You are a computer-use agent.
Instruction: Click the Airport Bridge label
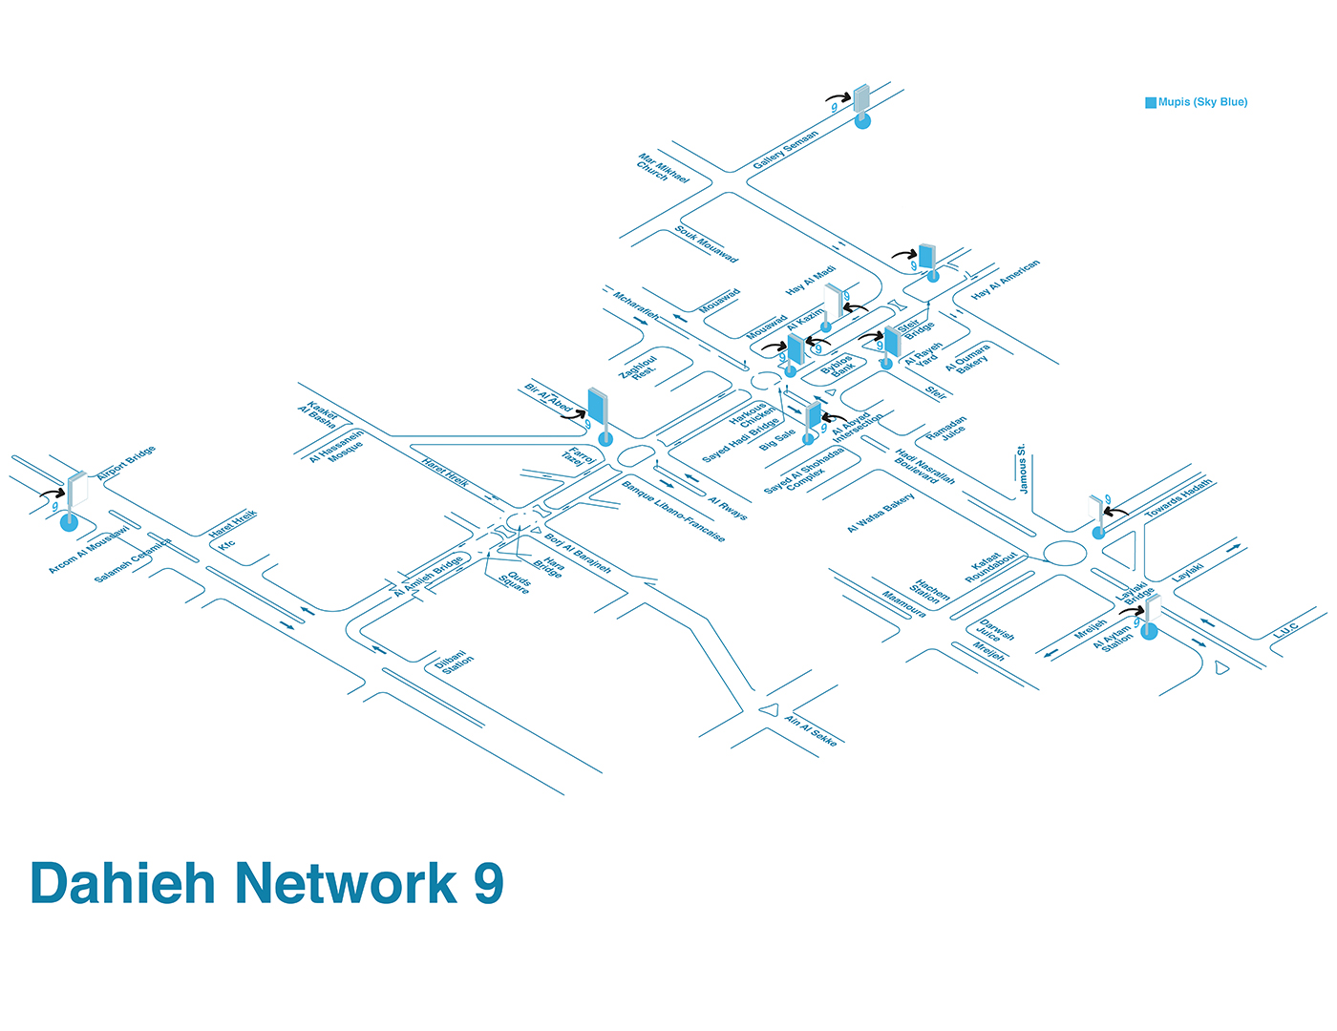pyautogui.click(x=126, y=462)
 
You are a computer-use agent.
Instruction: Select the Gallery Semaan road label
pyautogui.click(x=785, y=151)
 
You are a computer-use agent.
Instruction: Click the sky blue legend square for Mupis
pyautogui.click(x=1151, y=102)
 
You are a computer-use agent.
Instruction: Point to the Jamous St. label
pyautogui.click(x=1022, y=469)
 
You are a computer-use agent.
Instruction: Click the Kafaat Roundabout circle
pyautogui.click(x=1065, y=553)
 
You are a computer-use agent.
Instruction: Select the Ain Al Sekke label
pyautogui.click(x=811, y=731)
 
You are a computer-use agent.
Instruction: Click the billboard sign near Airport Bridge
pyautogui.click(x=77, y=489)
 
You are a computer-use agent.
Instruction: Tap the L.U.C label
pyautogui.click(x=1285, y=631)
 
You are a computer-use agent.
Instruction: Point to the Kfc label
pyautogui.click(x=226, y=545)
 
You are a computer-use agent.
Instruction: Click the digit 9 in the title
pyautogui.click(x=488, y=883)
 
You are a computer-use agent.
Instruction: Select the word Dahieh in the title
pyautogui.click(x=123, y=883)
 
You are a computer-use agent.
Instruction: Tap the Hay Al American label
pyautogui.click(x=1005, y=280)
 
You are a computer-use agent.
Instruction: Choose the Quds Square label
pyautogui.click(x=516, y=582)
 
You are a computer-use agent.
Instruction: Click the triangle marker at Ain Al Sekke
pyautogui.click(x=769, y=709)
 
